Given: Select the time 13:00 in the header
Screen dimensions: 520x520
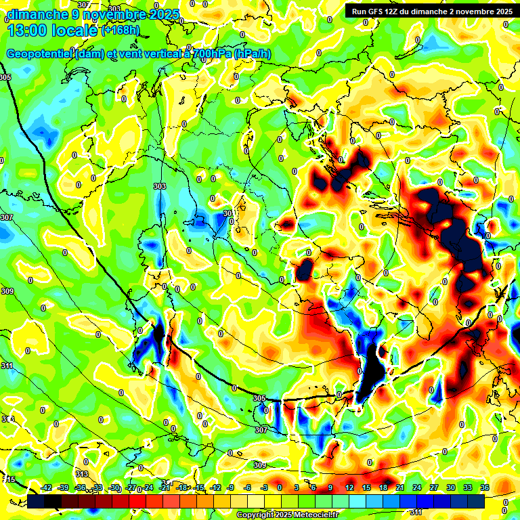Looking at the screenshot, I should [x=30, y=30].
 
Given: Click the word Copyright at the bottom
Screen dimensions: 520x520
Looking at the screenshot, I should [x=256, y=515].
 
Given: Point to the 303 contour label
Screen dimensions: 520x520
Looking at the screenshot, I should [x=160, y=186].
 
